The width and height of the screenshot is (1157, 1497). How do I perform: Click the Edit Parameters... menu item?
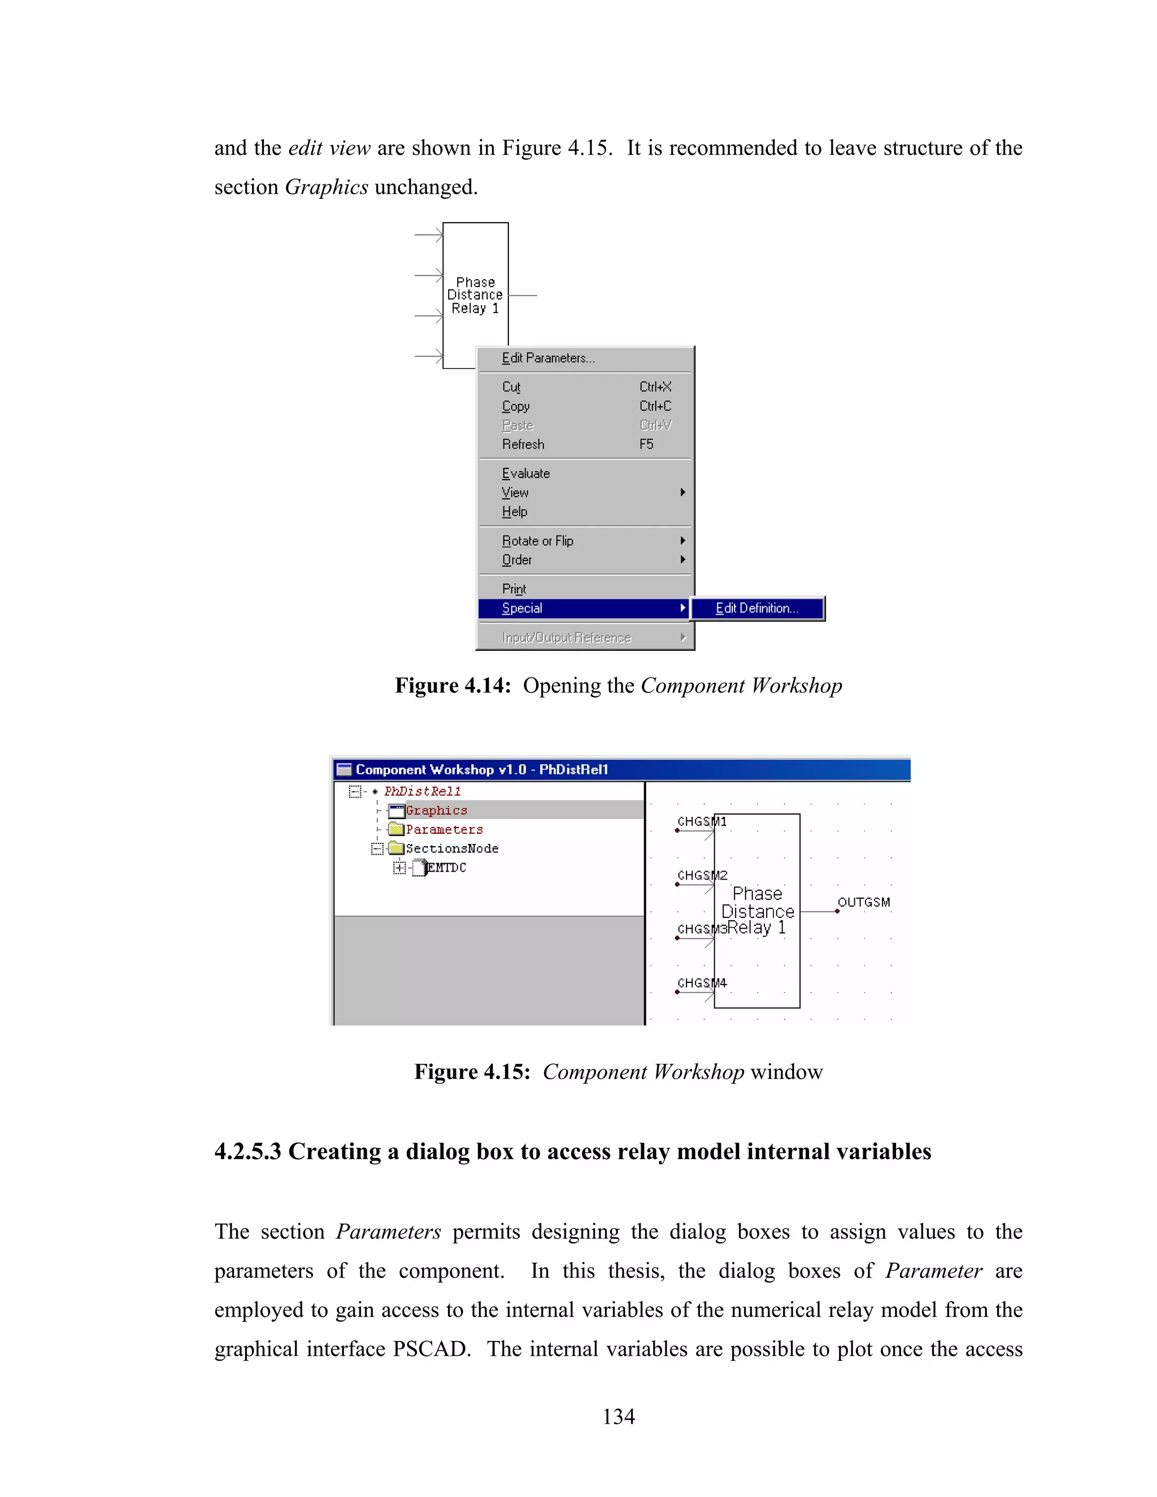pyautogui.click(x=547, y=358)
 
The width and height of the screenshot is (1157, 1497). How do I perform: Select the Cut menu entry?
pyautogui.click(x=511, y=386)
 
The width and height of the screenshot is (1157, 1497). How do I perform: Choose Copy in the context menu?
pyautogui.click(x=515, y=406)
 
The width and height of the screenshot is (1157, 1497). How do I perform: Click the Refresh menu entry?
pyautogui.click(x=523, y=444)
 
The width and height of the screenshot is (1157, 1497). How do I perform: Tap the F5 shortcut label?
pyautogui.click(x=646, y=444)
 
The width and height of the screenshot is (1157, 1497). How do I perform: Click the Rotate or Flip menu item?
pyautogui.click(x=537, y=540)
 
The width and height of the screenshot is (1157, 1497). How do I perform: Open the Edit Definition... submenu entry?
pyautogui.click(x=756, y=608)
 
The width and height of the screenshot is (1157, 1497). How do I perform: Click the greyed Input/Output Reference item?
pyautogui.click(x=566, y=637)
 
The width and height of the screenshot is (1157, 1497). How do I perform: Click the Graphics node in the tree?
pyautogui.click(x=436, y=810)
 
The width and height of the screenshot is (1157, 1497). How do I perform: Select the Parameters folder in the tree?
pyautogui.click(x=443, y=829)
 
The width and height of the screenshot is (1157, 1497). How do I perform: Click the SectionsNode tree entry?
pyautogui.click(x=452, y=848)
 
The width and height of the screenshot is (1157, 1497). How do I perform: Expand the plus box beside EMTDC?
pyautogui.click(x=399, y=868)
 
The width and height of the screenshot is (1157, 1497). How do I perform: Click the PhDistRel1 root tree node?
pyautogui.click(x=422, y=791)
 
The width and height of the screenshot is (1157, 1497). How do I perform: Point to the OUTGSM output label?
pyautogui.click(x=864, y=902)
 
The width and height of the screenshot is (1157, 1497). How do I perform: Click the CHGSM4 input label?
pyautogui.click(x=701, y=983)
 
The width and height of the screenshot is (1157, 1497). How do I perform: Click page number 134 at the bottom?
pyautogui.click(x=618, y=1416)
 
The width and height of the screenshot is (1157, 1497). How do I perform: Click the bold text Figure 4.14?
pyautogui.click(x=453, y=685)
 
